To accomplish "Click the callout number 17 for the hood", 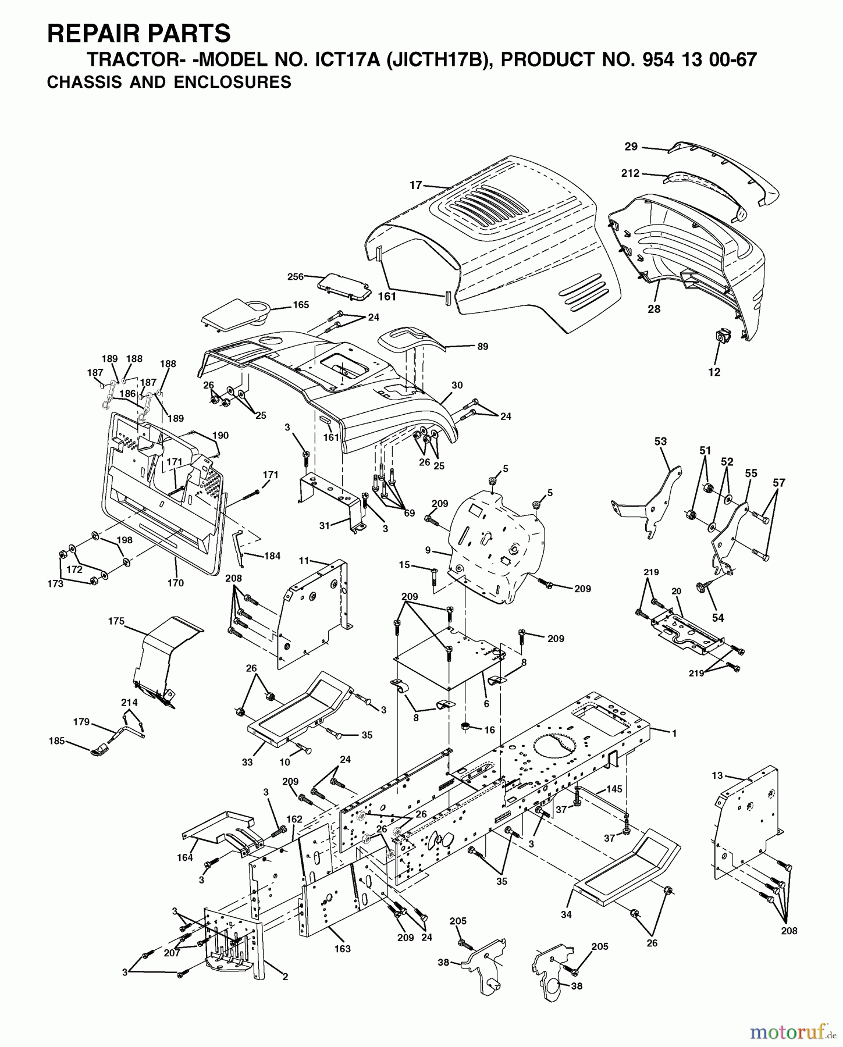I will point(415,185).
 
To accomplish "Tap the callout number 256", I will point(295,276).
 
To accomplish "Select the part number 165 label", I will point(300,305).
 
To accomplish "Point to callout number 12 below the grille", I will point(714,372).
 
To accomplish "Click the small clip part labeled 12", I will point(720,337).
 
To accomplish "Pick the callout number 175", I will point(116,621).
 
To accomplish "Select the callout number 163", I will point(342,949).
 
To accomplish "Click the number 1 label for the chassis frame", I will point(674,733).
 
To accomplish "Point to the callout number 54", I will point(718,618).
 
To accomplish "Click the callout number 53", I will point(660,441).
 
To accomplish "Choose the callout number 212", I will point(630,173).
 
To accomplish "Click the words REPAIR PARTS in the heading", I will point(138,33).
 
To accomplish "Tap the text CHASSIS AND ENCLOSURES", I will point(169,82).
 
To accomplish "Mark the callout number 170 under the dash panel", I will point(175,582).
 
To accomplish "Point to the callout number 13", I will point(717,775).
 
